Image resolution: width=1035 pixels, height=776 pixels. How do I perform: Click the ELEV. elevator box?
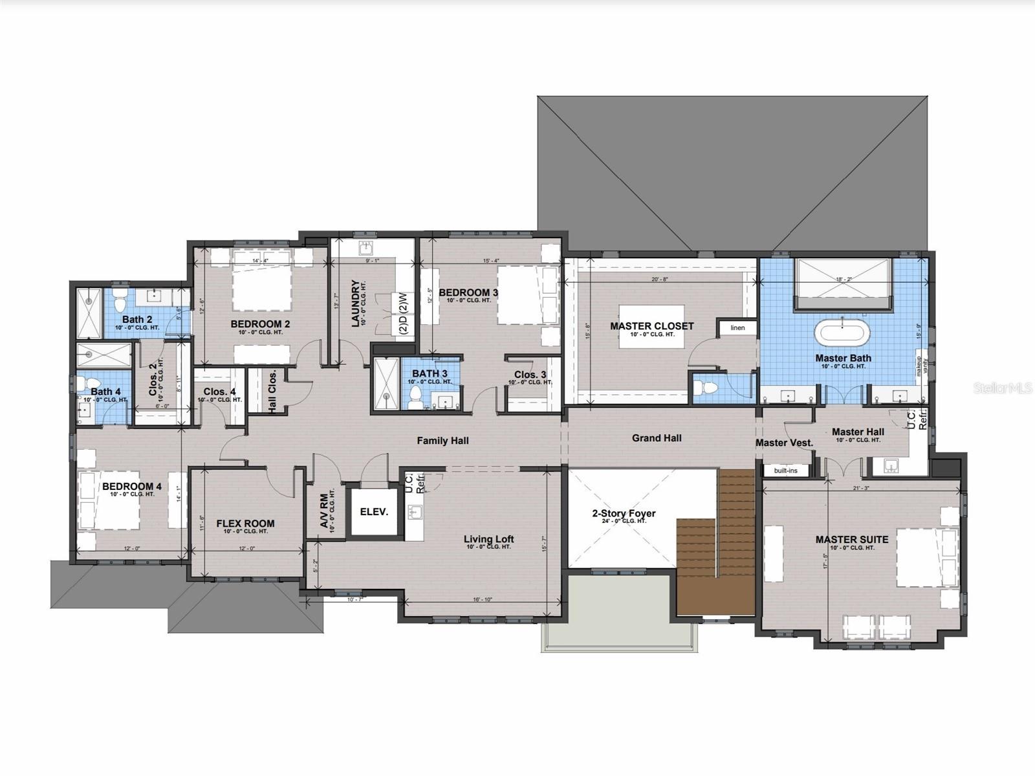(374, 511)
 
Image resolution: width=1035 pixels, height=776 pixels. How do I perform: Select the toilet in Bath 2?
(119, 302)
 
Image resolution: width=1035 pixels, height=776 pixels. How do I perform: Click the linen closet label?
(737, 327)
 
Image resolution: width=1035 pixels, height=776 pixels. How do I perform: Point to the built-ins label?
(785, 471)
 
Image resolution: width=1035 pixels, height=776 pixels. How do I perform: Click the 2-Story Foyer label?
(624, 514)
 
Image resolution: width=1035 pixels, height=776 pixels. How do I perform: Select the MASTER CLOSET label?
(651, 326)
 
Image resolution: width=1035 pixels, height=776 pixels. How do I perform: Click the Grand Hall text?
(656, 438)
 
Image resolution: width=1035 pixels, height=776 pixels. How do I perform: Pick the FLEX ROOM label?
(245, 524)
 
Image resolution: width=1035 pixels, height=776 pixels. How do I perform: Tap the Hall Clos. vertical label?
(272, 391)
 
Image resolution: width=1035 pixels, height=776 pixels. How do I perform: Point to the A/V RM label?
(325, 510)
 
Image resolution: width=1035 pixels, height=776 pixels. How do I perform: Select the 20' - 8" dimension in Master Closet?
(660, 280)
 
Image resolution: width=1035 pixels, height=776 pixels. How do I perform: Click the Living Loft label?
(488, 539)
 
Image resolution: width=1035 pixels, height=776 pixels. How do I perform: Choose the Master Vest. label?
(784, 443)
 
